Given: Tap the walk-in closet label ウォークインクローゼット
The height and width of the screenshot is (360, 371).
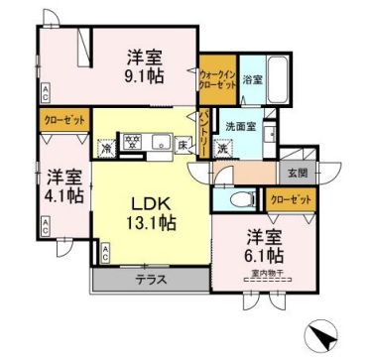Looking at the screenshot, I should pyautogui.click(x=217, y=79).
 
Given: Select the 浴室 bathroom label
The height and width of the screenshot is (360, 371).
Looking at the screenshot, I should pyautogui.click(x=252, y=79).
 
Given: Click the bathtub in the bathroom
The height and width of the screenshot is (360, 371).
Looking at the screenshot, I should pyautogui.click(x=277, y=79).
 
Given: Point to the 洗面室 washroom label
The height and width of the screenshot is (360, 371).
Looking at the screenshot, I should pyautogui.click(x=239, y=127).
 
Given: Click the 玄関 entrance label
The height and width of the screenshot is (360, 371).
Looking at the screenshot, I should pyautogui.click(x=299, y=172).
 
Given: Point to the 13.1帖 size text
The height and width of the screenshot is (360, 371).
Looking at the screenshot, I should pyautogui.click(x=152, y=223).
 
